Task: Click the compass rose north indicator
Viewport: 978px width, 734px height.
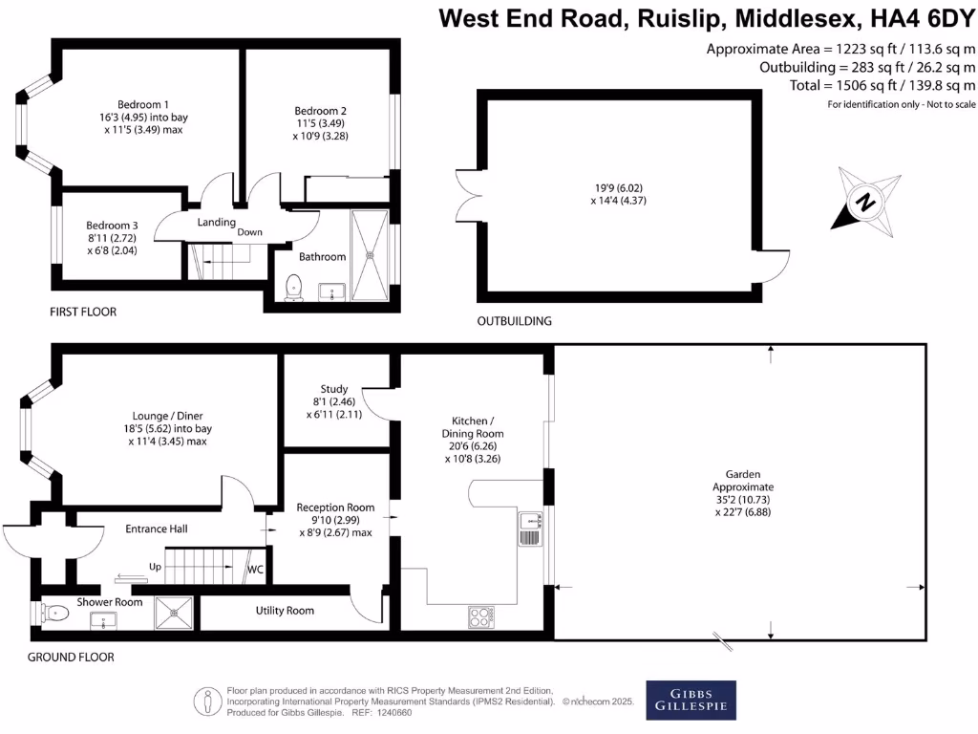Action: point(866,202)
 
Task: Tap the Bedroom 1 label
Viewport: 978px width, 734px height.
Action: point(143,104)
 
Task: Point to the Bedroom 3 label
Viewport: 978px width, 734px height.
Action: point(113,226)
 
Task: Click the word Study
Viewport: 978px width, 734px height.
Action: point(333,389)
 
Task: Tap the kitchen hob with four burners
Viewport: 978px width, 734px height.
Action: point(481,617)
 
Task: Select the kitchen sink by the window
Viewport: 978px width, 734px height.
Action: point(530,528)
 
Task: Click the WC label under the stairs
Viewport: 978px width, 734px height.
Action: point(255,570)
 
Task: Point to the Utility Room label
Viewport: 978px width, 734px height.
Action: point(285,611)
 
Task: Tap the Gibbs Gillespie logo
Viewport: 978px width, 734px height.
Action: point(691,701)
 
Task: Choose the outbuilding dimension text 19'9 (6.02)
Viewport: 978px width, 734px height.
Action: point(621,188)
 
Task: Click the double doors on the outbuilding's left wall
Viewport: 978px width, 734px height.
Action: point(469,201)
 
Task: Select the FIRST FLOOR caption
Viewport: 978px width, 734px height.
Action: point(83,313)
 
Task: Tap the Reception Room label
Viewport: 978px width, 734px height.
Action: point(335,507)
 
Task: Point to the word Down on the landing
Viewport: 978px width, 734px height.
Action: point(250,232)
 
